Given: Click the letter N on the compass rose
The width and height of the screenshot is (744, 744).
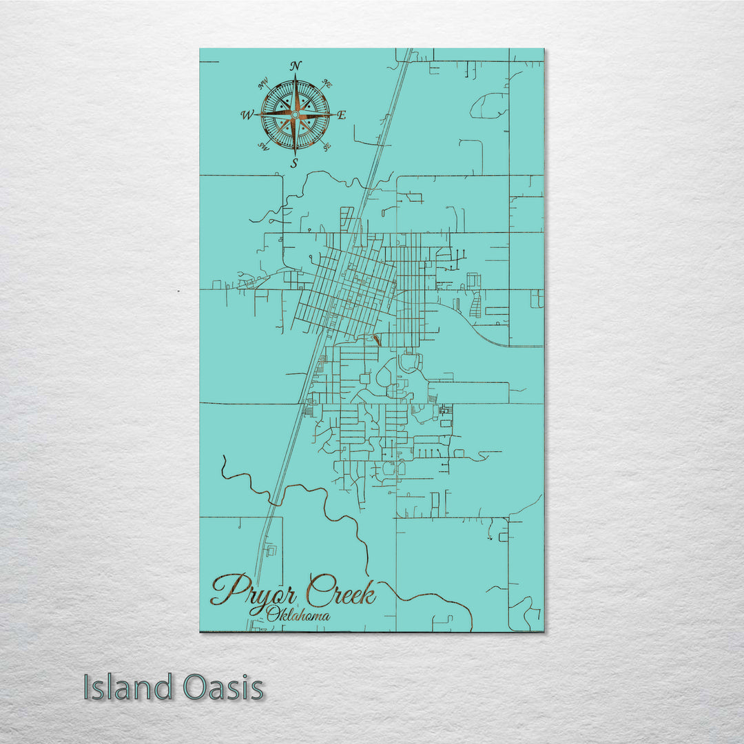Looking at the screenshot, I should [x=296, y=66].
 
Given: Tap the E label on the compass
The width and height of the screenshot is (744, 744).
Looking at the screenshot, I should [x=341, y=115].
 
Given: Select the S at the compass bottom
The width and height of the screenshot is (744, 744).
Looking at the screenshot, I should [x=294, y=163].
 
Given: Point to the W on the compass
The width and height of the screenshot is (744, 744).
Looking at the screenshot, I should [x=247, y=115].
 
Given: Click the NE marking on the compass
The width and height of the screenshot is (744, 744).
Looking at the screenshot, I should [x=328, y=85].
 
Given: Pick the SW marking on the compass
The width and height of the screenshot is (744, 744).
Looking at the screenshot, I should [x=262, y=145].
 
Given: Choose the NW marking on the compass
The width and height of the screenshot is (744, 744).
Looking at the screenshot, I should [x=262, y=85].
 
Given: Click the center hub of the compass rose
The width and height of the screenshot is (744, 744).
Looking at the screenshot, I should [x=295, y=114].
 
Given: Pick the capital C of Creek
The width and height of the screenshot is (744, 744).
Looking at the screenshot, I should [x=318, y=590].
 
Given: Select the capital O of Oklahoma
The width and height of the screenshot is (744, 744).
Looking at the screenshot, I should [x=273, y=614].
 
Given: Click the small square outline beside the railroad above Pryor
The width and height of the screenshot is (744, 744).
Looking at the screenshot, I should [x=271, y=550].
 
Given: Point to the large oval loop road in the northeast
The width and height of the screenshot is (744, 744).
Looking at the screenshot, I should [x=490, y=105].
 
